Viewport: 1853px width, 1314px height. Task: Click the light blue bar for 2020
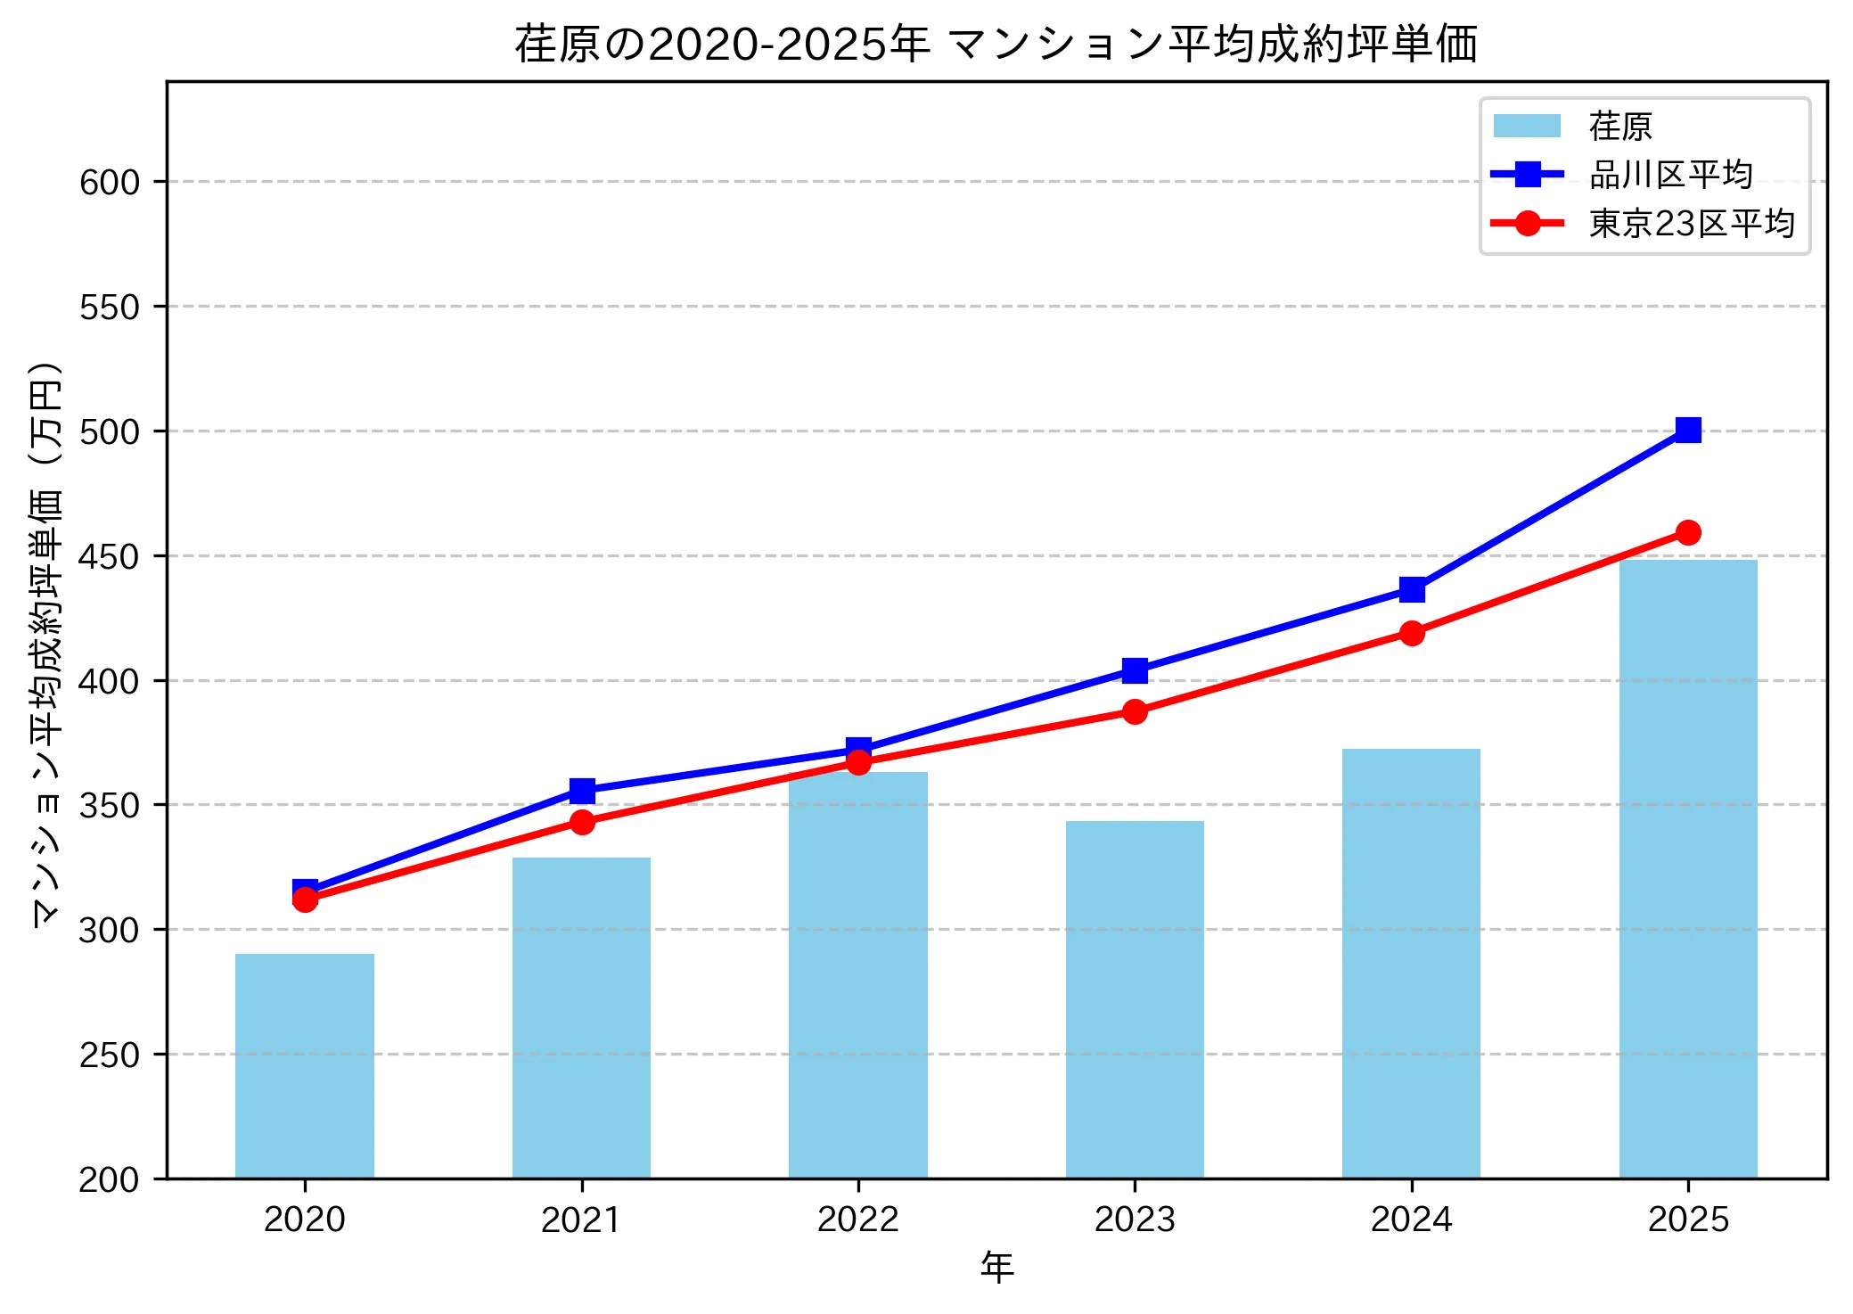click(305, 1065)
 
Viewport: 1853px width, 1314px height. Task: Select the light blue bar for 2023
click(1135, 998)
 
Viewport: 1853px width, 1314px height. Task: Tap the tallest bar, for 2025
click(1688, 869)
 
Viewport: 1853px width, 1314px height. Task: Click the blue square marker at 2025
click(1688, 431)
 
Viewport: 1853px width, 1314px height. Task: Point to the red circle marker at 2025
click(1688, 533)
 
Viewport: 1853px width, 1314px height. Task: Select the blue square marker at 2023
click(1135, 670)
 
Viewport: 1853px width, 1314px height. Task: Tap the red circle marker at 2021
click(582, 822)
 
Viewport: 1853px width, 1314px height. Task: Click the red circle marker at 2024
click(1412, 634)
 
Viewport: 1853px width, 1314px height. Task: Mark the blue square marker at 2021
click(582, 791)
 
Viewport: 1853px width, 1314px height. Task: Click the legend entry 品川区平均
click(1670, 175)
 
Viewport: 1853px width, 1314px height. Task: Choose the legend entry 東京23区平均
click(1691, 223)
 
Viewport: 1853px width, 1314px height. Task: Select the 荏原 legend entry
click(1619, 127)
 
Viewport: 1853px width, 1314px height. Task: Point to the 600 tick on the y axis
click(110, 183)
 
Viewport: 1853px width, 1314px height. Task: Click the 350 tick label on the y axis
click(110, 806)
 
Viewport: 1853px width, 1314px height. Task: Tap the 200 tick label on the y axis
click(110, 1179)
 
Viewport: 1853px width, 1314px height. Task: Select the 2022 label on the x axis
click(857, 1220)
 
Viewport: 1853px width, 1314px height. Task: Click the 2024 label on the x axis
click(1411, 1220)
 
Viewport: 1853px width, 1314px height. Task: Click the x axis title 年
click(996, 1268)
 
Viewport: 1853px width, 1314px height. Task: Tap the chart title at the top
click(996, 44)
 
